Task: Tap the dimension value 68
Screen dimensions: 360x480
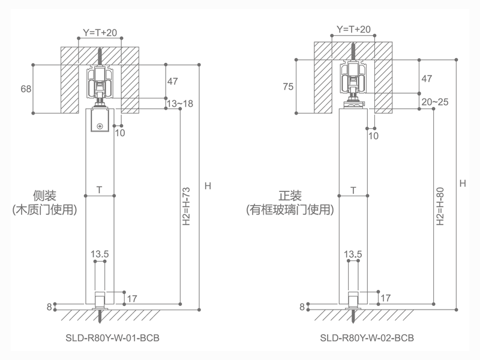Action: coord(26,89)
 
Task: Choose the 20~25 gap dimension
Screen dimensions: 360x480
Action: coord(434,103)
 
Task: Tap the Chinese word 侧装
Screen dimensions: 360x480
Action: coord(45,196)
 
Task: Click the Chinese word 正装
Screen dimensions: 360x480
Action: coord(290,196)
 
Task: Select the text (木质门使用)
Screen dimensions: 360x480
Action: coord(45,210)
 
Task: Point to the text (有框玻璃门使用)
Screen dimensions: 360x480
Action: coord(290,210)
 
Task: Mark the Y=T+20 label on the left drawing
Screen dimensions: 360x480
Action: coord(100,32)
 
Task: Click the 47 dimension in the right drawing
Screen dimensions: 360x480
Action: coord(427,79)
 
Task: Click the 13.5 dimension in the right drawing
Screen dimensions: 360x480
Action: coord(353,254)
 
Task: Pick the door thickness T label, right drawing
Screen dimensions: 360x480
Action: coord(353,190)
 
